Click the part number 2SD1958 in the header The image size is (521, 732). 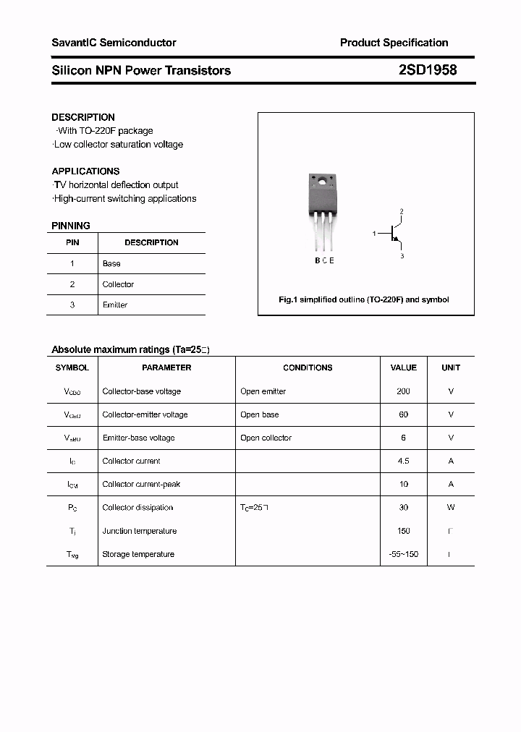[427, 70]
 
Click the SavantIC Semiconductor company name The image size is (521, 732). [114, 43]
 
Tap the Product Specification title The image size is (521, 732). [394, 43]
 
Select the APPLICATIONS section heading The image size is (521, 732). [85, 171]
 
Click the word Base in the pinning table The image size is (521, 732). [111, 264]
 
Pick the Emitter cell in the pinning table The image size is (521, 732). [115, 305]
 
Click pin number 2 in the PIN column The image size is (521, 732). [72, 284]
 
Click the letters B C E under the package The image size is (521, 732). [324, 260]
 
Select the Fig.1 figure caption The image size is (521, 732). [364, 299]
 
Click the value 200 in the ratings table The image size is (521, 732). [403, 391]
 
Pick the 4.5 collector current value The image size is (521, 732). [403, 461]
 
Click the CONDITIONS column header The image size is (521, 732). [308, 367]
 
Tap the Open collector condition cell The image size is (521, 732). [266, 438]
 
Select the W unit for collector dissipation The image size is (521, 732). [451, 507]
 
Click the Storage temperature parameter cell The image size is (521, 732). [138, 554]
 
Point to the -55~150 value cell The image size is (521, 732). [403, 554]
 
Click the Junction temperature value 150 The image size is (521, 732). [403, 531]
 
